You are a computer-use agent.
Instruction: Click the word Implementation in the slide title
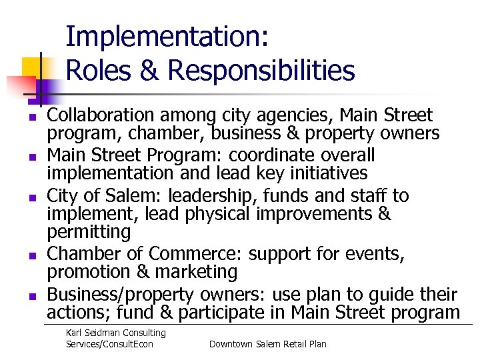click(167, 37)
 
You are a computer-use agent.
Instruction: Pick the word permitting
click(89, 232)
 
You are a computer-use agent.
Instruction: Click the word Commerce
click(188, 254)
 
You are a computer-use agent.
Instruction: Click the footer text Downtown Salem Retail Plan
click(267, 344)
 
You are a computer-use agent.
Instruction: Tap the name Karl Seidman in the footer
click(95, 333)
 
